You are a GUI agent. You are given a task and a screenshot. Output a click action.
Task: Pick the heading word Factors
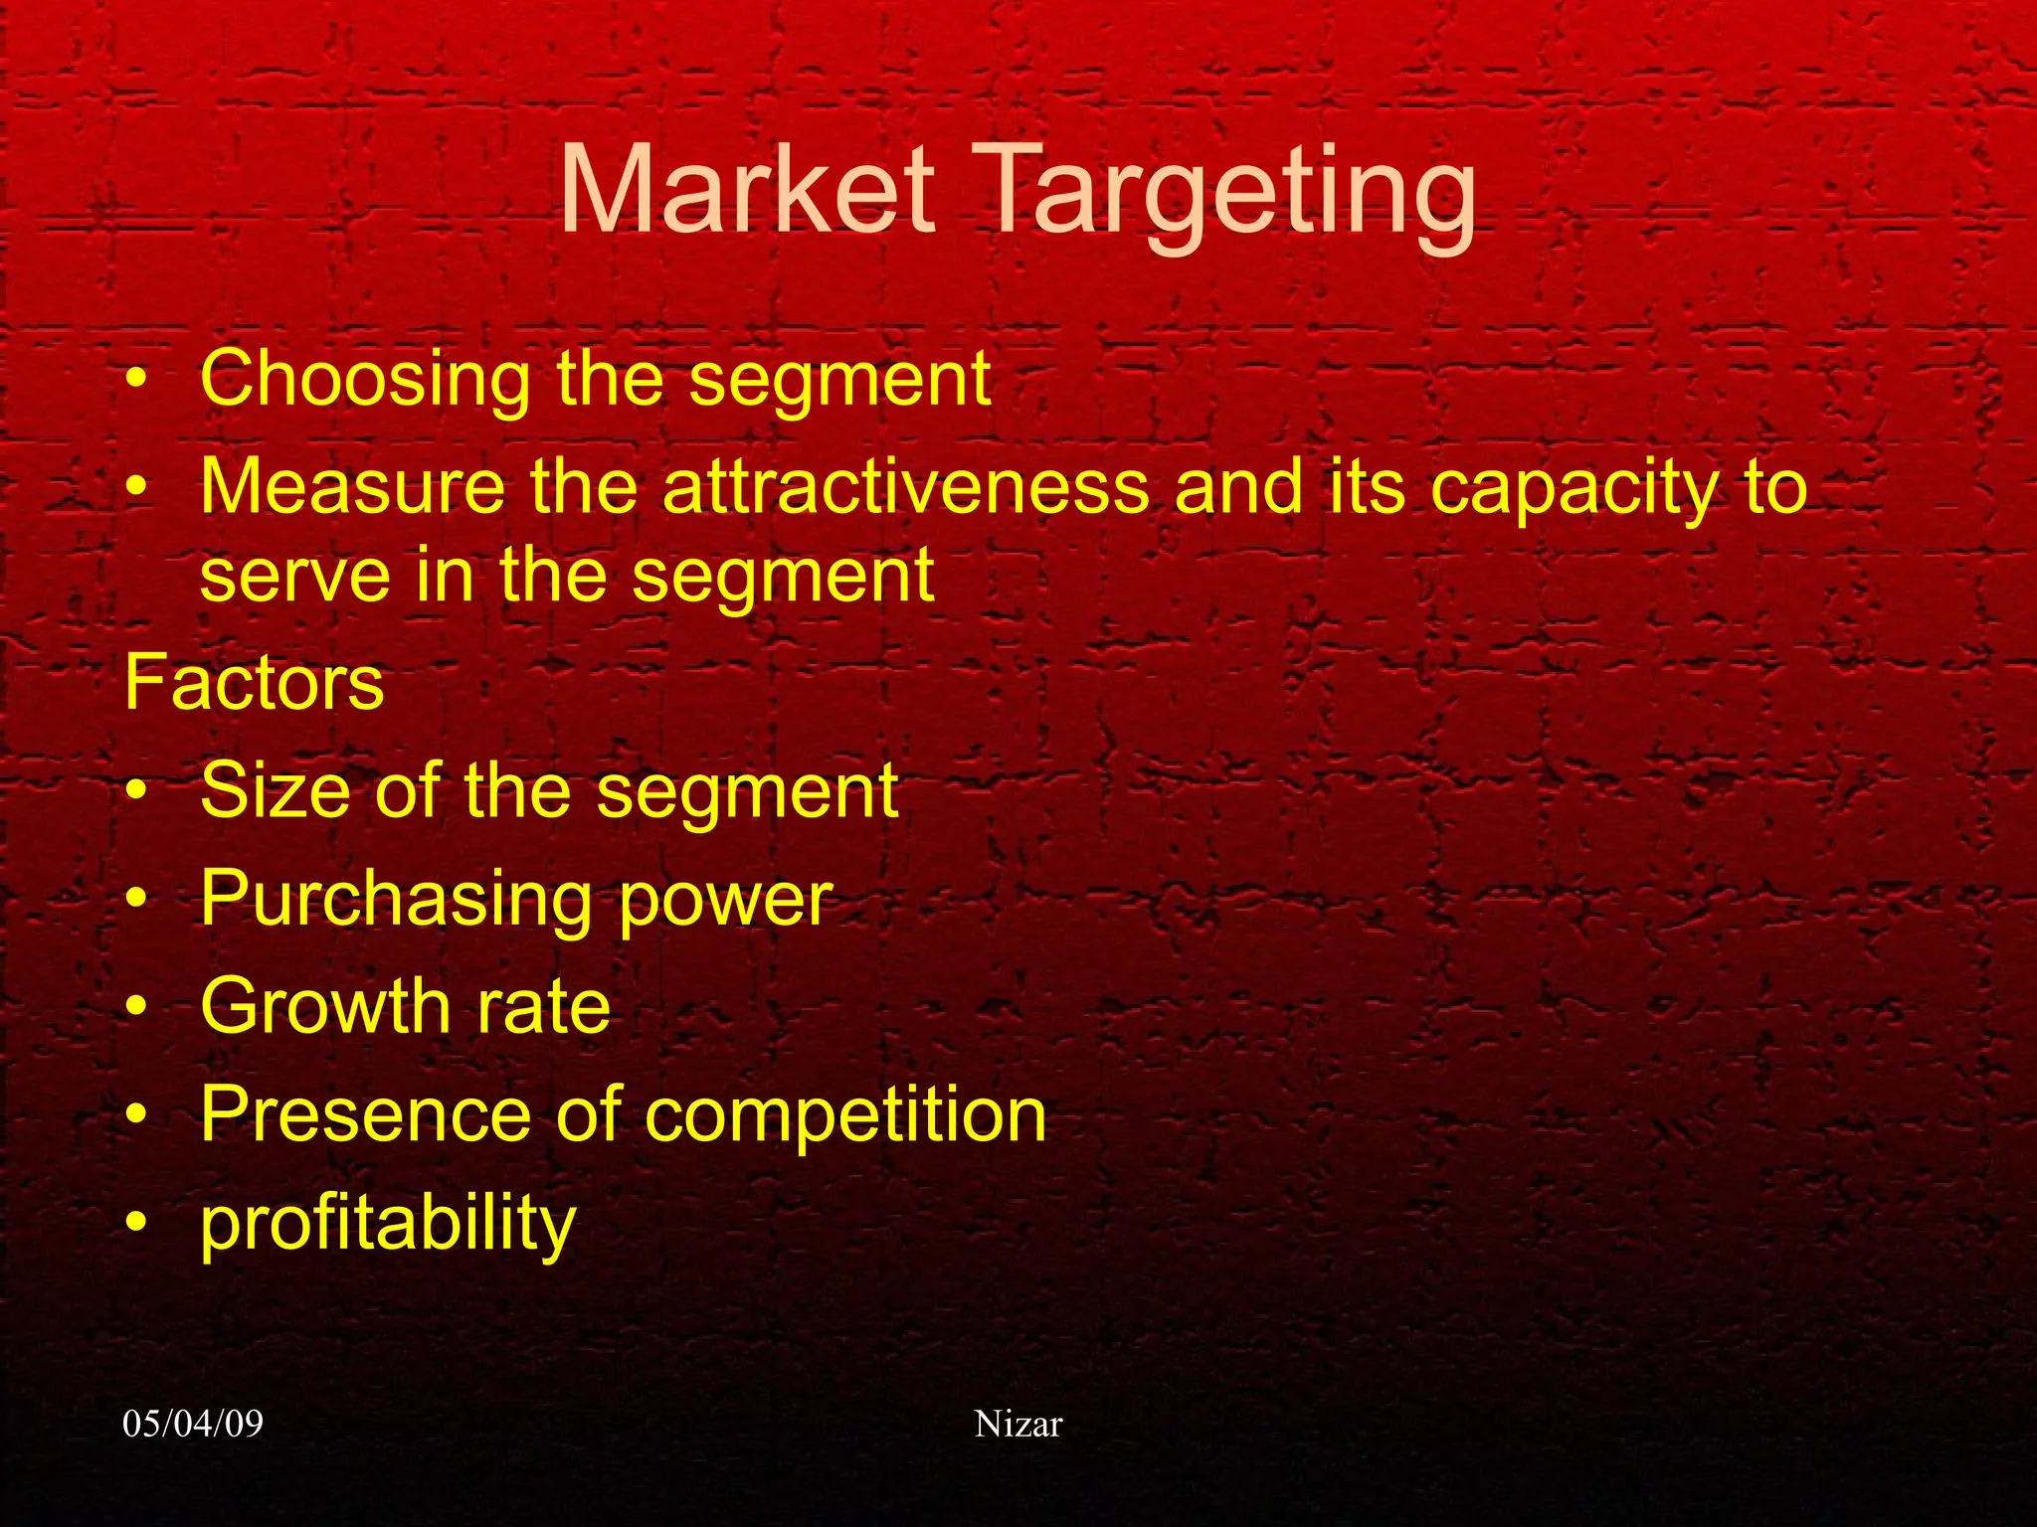click(254, 683)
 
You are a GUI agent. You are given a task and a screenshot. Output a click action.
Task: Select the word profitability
click(388, 1225)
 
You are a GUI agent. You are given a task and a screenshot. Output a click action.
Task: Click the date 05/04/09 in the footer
click(193, 1424)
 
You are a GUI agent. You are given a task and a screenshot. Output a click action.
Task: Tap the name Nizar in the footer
click(1018, 1424)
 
